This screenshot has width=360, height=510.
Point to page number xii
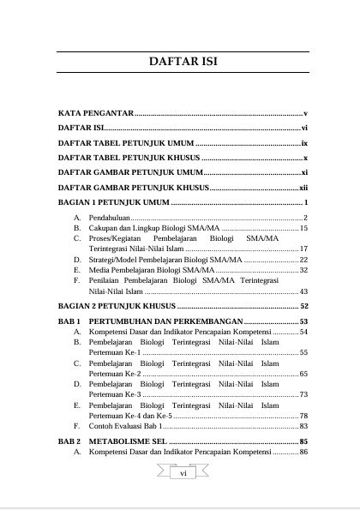click(303, 188)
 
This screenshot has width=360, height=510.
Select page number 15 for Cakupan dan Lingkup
click(303, 229)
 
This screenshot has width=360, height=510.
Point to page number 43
click(303, 291)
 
